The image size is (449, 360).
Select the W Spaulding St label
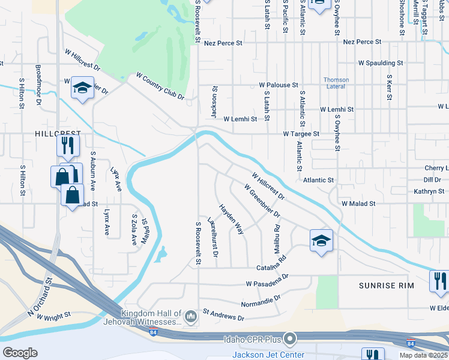(x=381, y=62)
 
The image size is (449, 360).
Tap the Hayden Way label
(x=231, y=218)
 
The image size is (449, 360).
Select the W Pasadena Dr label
(x=267, y=280)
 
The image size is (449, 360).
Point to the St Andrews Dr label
(x=223, y=314)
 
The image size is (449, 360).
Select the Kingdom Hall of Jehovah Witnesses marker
(x=191, y=314)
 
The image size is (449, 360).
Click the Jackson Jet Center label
(x=268, y=355)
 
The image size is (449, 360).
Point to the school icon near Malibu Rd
(x=321, y=241)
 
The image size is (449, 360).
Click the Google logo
(x=20, y=353)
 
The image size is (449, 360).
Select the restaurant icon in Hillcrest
(x=68, y=145)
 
